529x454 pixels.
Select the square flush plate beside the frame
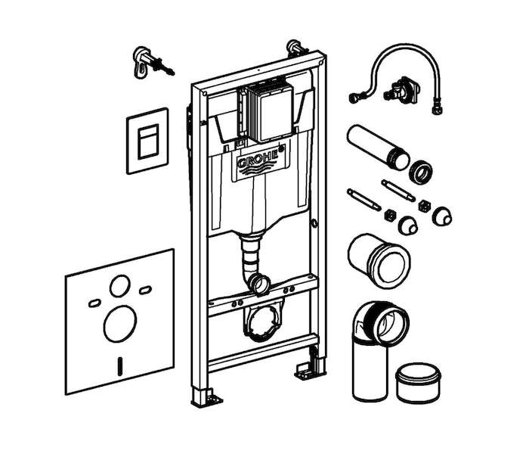(148, 141)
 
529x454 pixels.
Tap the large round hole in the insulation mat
(120, 325)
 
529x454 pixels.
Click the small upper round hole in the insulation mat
(119, 286)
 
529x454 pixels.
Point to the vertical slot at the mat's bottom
(119, 365)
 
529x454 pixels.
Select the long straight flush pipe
(378, 148)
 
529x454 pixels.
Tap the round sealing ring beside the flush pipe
(421, 172)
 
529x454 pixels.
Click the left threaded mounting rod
(364, 200)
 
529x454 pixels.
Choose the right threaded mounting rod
(398, 191)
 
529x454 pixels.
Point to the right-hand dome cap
(442, 216)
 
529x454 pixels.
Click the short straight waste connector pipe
(379, 260)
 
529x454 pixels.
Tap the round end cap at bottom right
(419, 383)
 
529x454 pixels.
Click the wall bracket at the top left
(152, 63)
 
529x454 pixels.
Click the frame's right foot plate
(308, 371)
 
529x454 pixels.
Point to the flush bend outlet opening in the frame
(260, 284)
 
